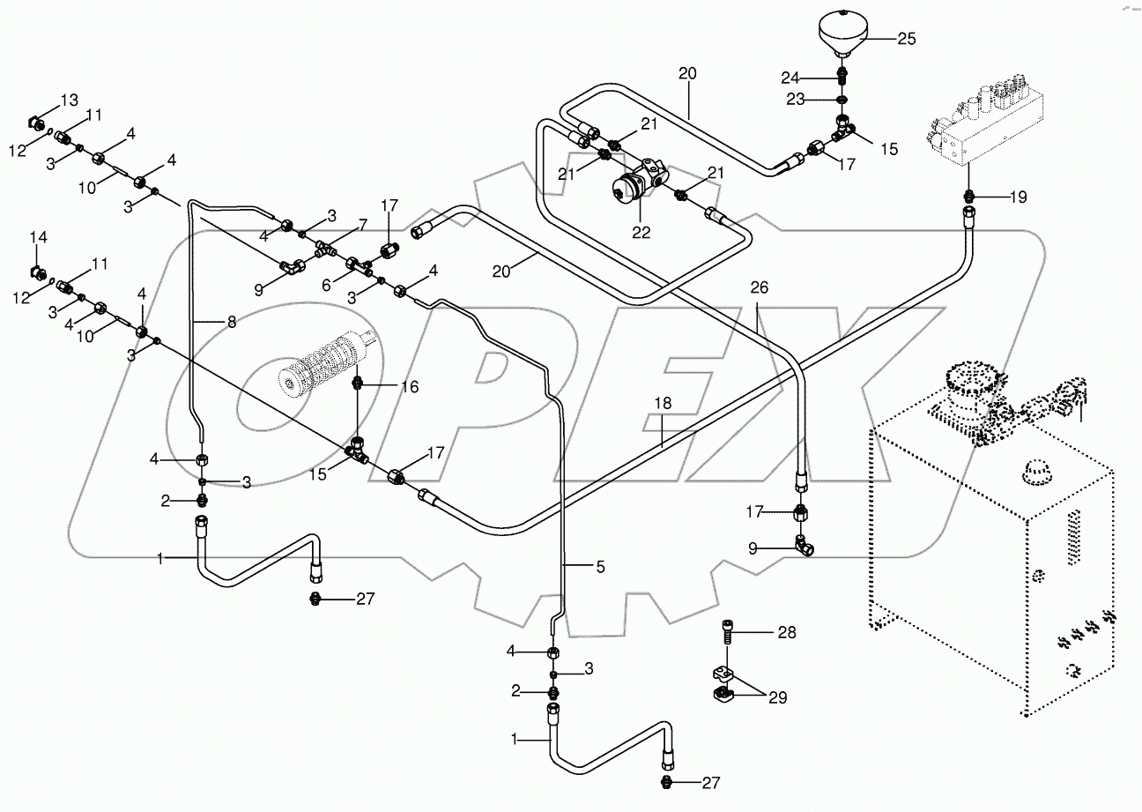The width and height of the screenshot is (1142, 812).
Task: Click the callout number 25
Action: pos(907,38)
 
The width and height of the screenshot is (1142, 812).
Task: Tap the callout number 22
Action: pos(640,233)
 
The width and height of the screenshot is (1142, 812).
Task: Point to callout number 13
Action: pos(69,98)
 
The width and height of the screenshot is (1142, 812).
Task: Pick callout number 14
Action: pos(39,238)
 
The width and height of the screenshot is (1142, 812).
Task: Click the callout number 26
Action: pos(760,287)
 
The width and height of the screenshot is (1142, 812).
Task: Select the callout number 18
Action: pos(663,402)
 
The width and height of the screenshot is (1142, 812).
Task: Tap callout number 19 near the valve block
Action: pos(1019,197)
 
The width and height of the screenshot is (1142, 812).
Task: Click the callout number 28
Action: pos(786,632)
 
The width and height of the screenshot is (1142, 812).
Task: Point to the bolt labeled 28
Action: pos(725,631)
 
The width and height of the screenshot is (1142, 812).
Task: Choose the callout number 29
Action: pos(776,697)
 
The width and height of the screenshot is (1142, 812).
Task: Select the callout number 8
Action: pos(231,323)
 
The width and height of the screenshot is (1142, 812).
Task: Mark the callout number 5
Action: pos(600,568)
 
